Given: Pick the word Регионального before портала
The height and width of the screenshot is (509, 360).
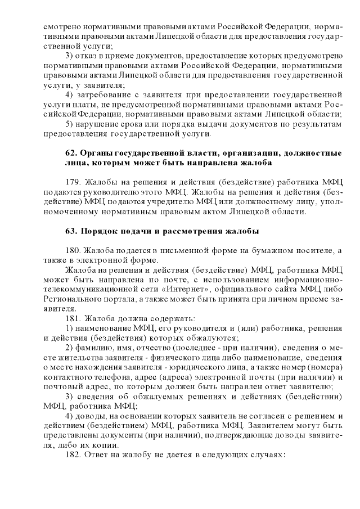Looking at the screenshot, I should tap(74, 299).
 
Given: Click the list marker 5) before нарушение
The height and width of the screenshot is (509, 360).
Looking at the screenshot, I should tap(70, 124).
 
